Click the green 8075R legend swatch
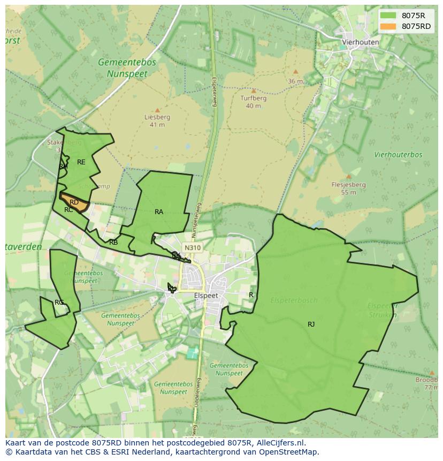click(x=388, y=16)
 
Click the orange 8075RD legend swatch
click(x=388, y=26)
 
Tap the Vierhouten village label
click(x=361, y=42)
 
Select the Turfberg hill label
click(x=253, y=99)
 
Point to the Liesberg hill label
click(x=157, y=117)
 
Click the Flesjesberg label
click(x=348, y=185)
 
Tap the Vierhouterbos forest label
click(x=398, y=155)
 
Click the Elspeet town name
click(x=206, y=296)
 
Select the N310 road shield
click(x=192, y=248)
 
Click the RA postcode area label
click(x=159, y=212)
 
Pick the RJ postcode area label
click(x=311, y=324)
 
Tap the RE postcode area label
click(x=81, y=162)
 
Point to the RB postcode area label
click(x=113, y=243)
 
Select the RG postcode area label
click(x=59, y=303)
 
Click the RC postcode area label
click(x=68, y=210)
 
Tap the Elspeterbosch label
click(x=294, y=300)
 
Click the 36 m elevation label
click(x=295, y=81)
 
